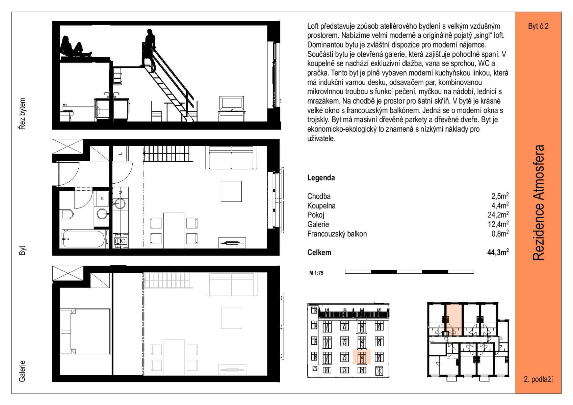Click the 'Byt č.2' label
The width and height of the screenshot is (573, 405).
(538, 26)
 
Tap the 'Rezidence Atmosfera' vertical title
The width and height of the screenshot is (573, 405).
(539, 202)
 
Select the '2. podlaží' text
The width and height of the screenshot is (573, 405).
(538, 379)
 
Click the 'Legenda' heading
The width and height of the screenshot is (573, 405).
(321, 178)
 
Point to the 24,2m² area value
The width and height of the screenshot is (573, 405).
(498, 215)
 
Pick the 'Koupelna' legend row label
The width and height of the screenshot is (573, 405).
(321, 206)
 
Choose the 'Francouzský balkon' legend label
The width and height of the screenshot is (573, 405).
(337, 234)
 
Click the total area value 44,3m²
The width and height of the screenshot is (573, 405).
(498, 252)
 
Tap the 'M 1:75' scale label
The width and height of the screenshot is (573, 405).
(316, 273)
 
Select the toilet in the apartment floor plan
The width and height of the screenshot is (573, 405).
(68, 214)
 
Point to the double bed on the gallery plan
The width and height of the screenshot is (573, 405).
(85, 331)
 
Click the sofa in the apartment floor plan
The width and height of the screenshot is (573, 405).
(231, 157)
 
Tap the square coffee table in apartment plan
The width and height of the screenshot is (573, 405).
(231, 191)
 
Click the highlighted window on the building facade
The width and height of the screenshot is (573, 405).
(362, 357)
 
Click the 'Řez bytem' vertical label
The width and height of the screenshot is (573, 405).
(22, 114)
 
